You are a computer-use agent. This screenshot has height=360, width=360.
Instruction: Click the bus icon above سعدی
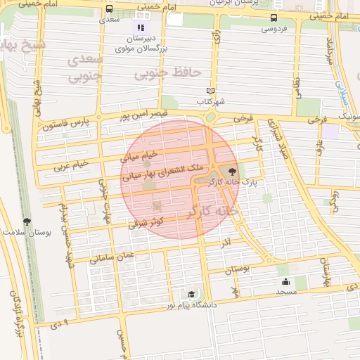tap(109, 8)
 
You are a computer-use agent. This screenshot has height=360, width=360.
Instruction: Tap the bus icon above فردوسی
tap(274, 18)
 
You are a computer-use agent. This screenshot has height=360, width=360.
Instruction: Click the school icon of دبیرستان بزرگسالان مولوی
tap(141, 27)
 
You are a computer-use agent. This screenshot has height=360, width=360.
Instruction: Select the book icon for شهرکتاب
tap(210, 91)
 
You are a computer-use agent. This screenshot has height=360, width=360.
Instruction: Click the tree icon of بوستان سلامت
tap(27, 221)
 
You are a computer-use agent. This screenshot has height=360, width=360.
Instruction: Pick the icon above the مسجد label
tap(286, 281)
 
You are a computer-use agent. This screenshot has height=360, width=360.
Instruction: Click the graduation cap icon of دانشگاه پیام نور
tap(191, 295)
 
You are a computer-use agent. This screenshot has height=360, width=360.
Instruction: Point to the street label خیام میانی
tap(142, 151)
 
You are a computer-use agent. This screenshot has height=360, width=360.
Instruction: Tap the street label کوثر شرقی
tap(146, 223)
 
